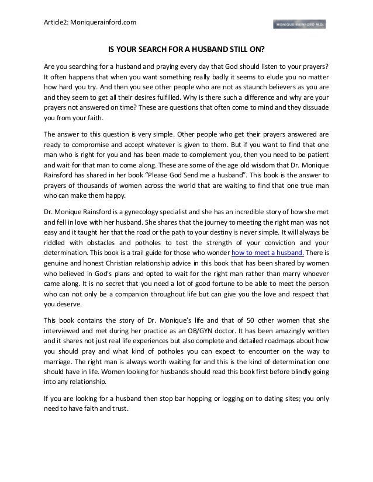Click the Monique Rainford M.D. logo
[x=299, y=24]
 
